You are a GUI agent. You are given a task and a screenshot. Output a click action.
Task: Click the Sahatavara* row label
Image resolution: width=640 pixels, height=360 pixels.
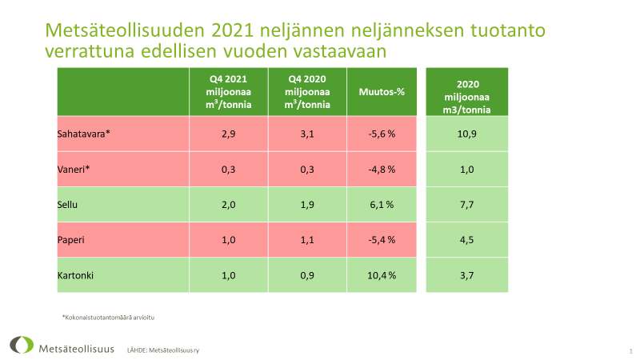tap(83, 134)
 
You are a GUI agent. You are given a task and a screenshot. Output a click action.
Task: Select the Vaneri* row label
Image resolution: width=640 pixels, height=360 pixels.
tap(74, 169)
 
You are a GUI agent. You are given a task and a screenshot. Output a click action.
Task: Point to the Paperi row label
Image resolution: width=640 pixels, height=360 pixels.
tap(72, 239)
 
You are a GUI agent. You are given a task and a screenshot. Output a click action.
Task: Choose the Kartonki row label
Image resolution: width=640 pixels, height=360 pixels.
tap(76, 274)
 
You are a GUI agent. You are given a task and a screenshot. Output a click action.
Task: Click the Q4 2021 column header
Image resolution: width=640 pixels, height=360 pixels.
tap(228, 91)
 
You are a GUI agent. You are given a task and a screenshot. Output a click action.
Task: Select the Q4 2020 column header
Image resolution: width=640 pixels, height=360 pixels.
tap(307, 91)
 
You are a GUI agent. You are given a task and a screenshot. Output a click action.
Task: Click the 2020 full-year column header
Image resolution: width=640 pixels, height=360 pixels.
tap(467, 91)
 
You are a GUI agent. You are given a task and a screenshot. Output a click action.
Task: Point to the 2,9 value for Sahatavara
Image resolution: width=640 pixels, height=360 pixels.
tap(228, 134)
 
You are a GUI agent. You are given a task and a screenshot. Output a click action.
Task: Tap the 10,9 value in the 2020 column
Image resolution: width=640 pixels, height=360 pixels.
tap(467, 134)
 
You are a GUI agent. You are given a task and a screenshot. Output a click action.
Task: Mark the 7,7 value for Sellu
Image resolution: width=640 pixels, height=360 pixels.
tap(467, 204)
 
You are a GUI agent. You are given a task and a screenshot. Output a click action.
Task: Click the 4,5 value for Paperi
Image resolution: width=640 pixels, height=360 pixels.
tap(467, 239)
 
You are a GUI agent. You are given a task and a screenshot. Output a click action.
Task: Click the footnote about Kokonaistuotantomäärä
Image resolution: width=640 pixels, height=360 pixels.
tap(107, 318)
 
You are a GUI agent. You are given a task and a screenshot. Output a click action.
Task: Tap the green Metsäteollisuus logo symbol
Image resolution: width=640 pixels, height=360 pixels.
tap(22, 345)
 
